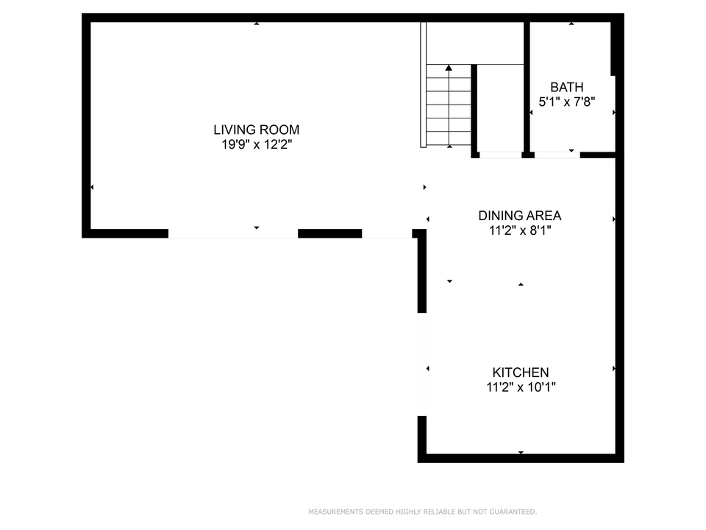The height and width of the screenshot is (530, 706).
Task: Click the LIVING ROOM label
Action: point(256,130)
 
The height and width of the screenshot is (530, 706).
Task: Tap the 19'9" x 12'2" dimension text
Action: point(257,145)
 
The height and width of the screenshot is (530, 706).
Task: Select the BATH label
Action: point(567,87)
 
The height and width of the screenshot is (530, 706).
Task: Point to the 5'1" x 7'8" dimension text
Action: point(567,102)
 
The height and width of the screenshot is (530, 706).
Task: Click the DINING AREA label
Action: point(520,216)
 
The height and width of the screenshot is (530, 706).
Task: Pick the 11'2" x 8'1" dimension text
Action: point(520,230)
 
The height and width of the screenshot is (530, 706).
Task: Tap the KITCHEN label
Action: point(521,372)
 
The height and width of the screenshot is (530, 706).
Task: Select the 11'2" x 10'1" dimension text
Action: point(521,387)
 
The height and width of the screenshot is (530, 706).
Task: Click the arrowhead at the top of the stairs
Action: point(449,68)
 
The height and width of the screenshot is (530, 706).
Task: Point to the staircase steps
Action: point(449,105)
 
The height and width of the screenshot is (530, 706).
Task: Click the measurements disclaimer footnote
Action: point(422,512)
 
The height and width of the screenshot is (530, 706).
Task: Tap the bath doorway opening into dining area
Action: point(557,155)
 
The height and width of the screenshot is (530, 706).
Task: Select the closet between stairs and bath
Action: point(500,108)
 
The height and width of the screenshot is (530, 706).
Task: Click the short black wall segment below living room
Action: point(329,233)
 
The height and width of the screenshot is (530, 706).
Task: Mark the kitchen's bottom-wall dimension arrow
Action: point(521,453)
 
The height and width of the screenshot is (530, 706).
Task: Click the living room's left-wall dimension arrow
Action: point(92,187)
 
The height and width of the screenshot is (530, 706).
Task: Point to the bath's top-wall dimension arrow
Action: point(571,23)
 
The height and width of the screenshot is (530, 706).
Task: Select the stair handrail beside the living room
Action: point(424,85)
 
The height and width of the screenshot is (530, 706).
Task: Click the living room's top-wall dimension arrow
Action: point(257,23)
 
